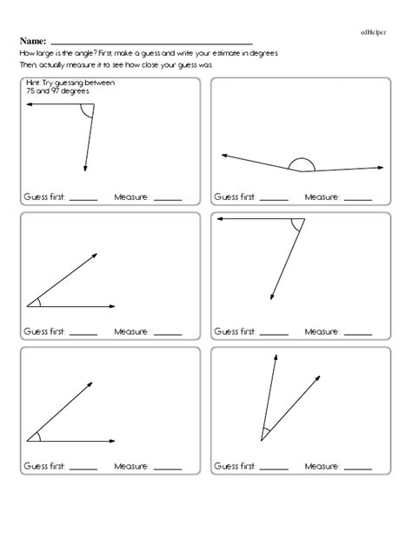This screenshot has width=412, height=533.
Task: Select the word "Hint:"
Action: click(34, 83)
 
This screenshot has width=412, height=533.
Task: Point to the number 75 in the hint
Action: click(30, 90)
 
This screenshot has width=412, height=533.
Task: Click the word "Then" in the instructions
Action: click(25, 65)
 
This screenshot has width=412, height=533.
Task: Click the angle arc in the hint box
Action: click(85, 111)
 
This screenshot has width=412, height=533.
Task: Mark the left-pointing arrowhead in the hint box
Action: click(30, 104)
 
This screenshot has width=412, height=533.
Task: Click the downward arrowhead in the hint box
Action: click(85, 167)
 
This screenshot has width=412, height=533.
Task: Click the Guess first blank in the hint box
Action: click(83, 198)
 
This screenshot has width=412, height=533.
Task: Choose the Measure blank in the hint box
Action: click(167, 198)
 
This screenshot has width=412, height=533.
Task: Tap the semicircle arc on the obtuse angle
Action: click(301, 162)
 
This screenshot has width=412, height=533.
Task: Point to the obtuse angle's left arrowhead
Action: click(225, 156)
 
